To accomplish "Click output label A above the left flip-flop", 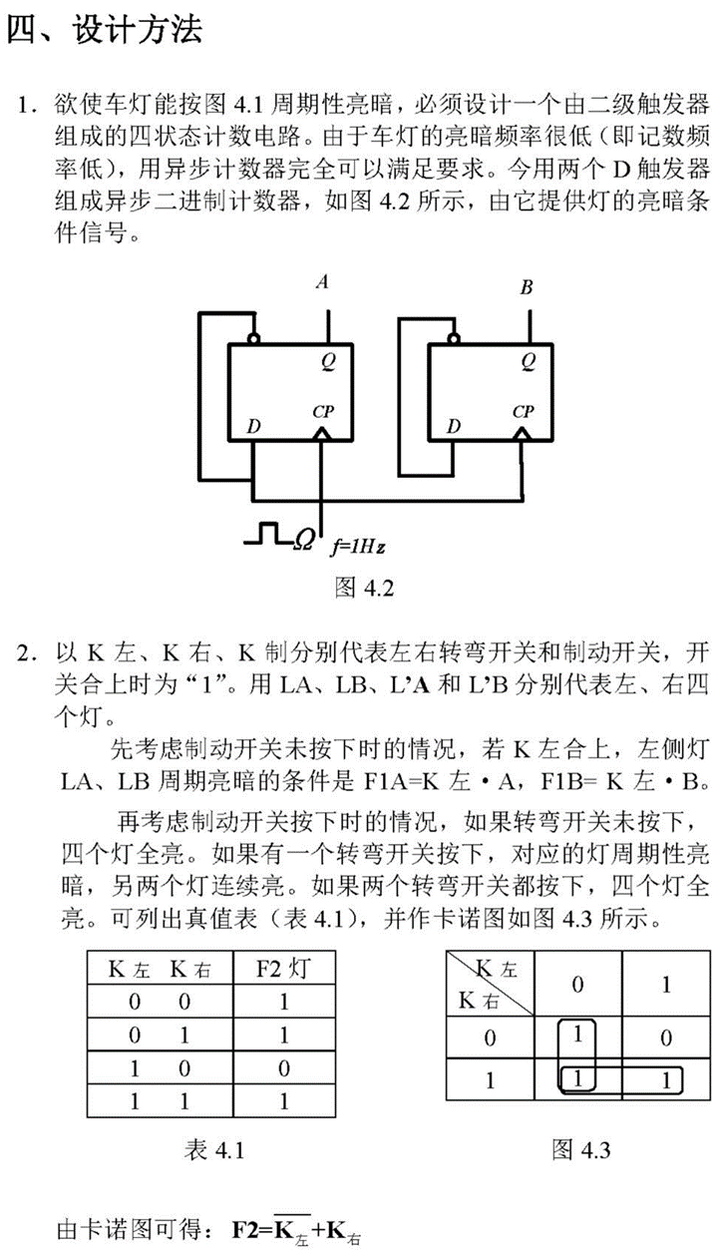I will pos(322,283).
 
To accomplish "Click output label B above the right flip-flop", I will pos(527,288).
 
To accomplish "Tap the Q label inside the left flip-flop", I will pos(327,364).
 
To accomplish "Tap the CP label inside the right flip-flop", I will pos(523,411).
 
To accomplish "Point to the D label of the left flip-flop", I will pos(253,427).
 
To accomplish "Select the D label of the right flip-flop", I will pos(454,427).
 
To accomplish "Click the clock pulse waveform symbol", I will pos(267,534).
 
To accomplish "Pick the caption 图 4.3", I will pos(581,1150).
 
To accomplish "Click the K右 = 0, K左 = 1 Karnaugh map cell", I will pos(666,1038).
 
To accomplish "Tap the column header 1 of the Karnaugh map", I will pos(666,985).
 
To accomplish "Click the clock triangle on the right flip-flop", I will pos(522,434).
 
